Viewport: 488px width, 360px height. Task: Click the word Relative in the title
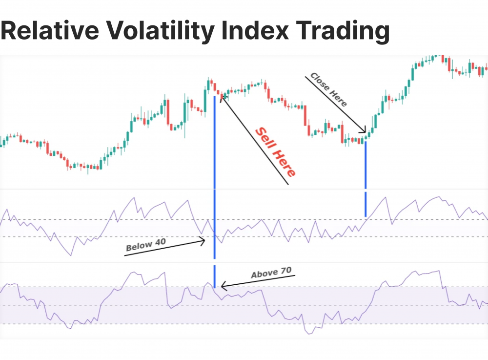(49, 32)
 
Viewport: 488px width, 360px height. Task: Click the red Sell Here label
(276, 152)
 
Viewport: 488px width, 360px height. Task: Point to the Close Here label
(329, 90)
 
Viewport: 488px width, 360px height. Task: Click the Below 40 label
(146, 243)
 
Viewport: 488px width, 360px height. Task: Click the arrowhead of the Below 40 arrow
(203, 240)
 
